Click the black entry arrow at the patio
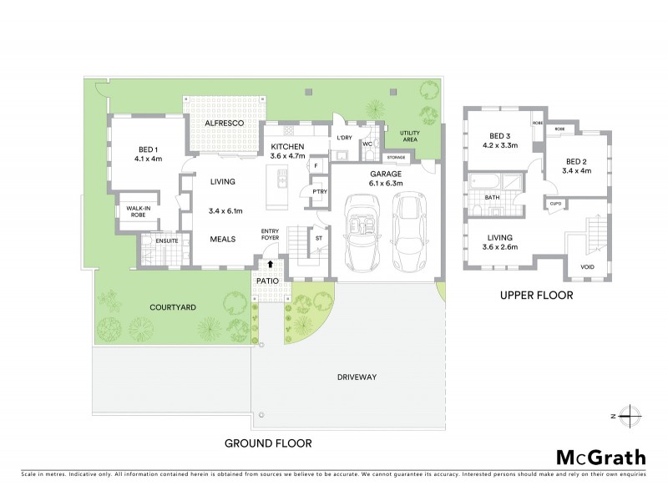pyautogui.click(x=270, y=265)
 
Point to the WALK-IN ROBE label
pyautogui.click(x=139, y=212)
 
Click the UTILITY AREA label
pyautogui.click(x=409, y=136)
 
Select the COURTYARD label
pyautogui.click(x=174, y=307)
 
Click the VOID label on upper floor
pyautogui.click(x=589, y=267)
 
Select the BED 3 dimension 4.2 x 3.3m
pyautogui.click(x=499, y=145)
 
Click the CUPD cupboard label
pyautogui.click(x=555, y=202)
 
